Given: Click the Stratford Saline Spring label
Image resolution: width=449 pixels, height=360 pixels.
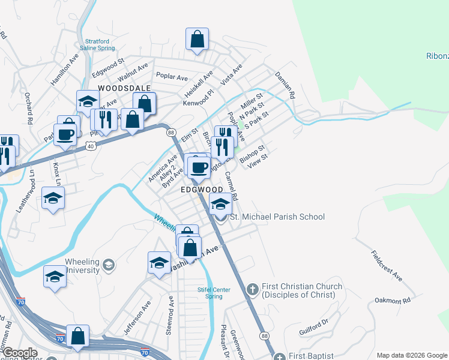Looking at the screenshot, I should click(96, 46).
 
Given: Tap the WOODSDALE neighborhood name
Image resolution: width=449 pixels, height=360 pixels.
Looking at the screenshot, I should click(123, 88).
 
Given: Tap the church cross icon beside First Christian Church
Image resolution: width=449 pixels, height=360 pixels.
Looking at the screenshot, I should click(252, 290).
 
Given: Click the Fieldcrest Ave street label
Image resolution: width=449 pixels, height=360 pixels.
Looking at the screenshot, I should click(386, 266).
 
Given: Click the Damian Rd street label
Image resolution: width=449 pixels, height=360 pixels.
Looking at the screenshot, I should click(285, 85).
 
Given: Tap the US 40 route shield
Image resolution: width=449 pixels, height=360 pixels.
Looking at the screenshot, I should click(91, 145).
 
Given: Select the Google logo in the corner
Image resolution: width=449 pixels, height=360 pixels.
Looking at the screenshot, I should click(20, 353).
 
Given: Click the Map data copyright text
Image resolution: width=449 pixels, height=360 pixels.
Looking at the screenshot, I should click(411, 355).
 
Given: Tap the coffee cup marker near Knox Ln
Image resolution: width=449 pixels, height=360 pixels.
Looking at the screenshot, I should click(65, 134).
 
